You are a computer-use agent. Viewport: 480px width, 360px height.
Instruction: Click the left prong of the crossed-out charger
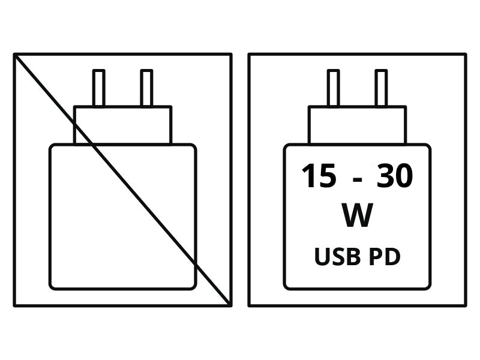click(x=98, y=88)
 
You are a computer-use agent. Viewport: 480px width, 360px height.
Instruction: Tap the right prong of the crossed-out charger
click(x=146, y=88)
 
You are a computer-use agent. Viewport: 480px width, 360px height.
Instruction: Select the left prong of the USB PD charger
click(x=333, y=88)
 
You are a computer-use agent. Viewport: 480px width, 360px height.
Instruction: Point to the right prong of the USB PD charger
click(x=381, y=88)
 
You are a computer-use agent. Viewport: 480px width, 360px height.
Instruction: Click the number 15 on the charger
click(x=319, y=175)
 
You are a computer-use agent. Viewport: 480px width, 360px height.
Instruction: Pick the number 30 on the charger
click(x=395, y=175)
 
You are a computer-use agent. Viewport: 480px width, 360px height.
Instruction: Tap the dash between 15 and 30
click(x=357, y=179)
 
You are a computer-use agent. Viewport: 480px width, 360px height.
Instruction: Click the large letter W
click(x=357, y=215)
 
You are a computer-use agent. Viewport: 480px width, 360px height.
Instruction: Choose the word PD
click(x=385, y=257)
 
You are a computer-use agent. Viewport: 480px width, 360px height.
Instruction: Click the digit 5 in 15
click(x=327, y=176)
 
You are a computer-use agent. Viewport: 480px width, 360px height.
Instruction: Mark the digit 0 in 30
click(x=404, y=175)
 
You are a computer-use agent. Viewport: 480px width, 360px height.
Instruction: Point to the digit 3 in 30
click(x=385, y=175)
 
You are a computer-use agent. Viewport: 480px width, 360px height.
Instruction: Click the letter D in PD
click(x=393, y=257)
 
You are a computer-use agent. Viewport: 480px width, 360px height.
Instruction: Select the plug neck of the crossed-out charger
click(x=123, y=125)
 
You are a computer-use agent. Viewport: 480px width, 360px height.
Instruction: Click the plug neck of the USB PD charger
click(x=357, y=125)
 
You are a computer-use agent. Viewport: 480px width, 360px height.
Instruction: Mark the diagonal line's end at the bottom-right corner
click(x=230, y=305)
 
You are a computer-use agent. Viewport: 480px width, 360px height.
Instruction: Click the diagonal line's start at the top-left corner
click(x=14, y=55)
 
